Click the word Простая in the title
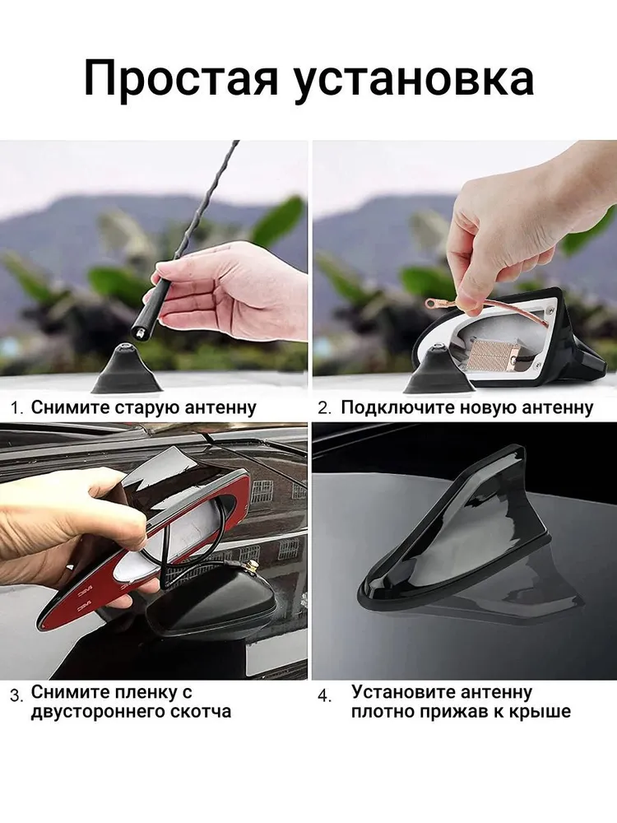180,80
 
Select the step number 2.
324,408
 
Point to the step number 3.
16,696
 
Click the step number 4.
325,696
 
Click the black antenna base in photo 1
126,366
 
